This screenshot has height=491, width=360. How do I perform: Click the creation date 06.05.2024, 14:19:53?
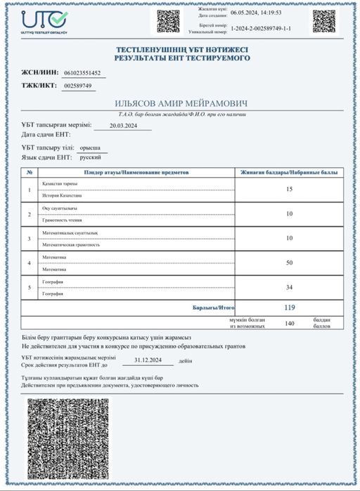257,13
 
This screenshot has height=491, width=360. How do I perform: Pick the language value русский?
89,159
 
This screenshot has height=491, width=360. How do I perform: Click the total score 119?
289,308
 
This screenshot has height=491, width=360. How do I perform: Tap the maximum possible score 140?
289,324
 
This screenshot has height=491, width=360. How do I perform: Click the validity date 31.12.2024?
153,360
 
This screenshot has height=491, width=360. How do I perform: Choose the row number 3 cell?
29,238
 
